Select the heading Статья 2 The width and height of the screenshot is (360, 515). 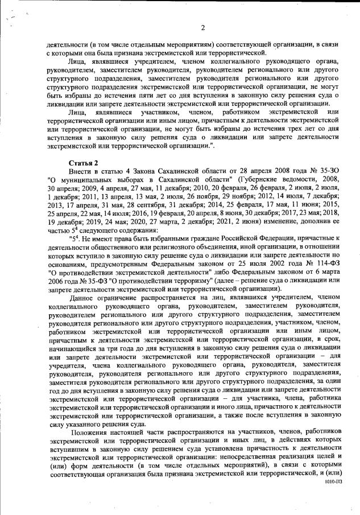click(83, 162)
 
